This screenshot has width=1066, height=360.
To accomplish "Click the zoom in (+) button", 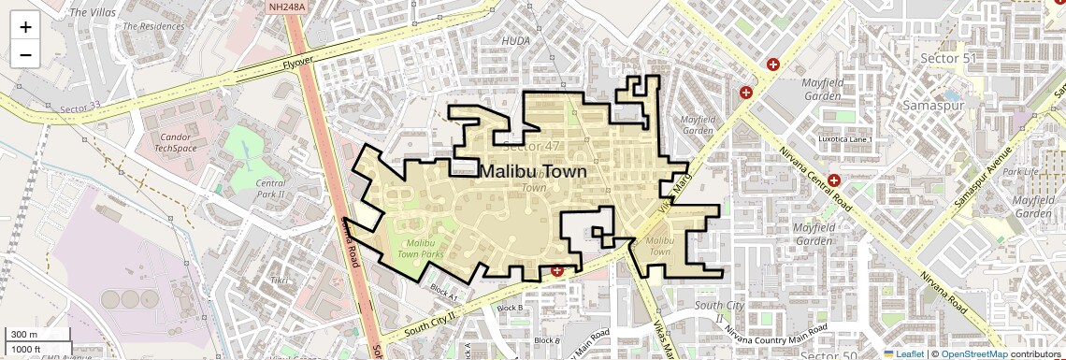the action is (25, 27).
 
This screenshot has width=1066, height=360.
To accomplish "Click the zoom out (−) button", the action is (25, 55).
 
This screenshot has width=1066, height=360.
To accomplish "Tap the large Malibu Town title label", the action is (533, 172).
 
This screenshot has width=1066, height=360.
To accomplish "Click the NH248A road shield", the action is (285, 7).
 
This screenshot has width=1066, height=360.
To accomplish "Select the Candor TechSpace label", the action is (175, 143).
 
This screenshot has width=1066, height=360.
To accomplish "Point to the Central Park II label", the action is (270, 189).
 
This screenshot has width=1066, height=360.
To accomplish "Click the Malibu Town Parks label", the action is (420, 247).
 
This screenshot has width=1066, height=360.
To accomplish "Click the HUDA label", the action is (516, 41).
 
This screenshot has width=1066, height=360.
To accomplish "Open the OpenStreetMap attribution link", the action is (974, 353).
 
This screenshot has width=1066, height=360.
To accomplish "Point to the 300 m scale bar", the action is (32, 335).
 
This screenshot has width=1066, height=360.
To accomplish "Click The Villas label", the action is (92, 13).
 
